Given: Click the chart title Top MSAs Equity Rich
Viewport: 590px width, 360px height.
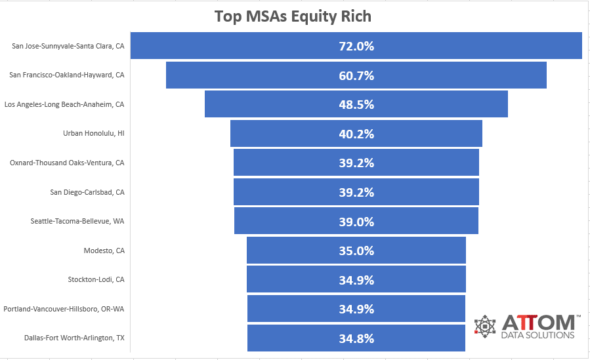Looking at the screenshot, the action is coord(293,16).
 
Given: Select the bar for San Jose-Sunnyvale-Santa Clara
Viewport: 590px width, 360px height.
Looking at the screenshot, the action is coord(356,45).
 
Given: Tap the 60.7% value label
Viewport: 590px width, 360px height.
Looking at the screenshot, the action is coord(356,75).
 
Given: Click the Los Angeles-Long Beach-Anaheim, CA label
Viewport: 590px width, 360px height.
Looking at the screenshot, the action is coord(64,104).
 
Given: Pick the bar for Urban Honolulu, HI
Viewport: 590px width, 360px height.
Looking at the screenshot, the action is coord(356,133).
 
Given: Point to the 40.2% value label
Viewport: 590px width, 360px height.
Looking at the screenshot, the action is coord(356,134).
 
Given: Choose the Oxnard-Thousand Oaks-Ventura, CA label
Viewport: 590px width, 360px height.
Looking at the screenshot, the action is coord(67,163).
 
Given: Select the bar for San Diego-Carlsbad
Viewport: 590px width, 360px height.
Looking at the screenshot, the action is coord(356,191).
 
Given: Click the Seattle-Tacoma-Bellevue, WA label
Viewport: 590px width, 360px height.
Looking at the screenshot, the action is coord(77,221).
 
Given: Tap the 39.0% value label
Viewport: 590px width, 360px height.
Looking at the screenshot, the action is coord(356,222).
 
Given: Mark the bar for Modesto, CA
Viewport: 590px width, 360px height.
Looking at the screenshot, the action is coord(356,250).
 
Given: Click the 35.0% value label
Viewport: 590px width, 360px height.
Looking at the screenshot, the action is coord(356,250).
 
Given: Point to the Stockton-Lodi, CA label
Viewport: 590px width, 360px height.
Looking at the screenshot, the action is coord(96,279).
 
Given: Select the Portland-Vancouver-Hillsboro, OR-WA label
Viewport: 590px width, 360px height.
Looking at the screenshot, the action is coord(64,309).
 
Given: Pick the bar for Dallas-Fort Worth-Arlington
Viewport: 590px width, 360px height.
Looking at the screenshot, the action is coord(356,338).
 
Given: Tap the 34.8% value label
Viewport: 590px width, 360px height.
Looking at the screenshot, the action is coord(356,338).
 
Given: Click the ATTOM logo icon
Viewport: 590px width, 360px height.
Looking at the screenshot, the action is coord(485,326).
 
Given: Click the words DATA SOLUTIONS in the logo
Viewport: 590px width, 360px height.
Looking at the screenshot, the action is coord(537,335).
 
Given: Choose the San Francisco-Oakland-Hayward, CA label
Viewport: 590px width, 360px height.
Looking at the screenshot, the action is coord(67,75).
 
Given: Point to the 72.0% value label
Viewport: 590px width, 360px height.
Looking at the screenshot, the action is coord(356,46).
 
